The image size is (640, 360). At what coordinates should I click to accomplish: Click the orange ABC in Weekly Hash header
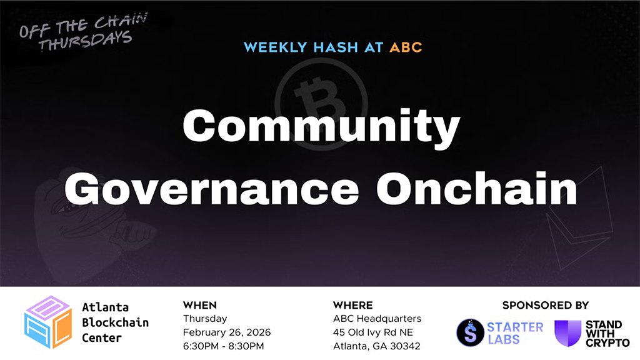tap(406, 47)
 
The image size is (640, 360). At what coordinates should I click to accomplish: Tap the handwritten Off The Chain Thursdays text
tap(82, 32)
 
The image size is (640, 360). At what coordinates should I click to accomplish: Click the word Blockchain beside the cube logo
tap(115, 322)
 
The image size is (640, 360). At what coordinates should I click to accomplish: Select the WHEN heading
tap(200, 306)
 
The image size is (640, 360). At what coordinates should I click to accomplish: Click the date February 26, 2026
tap(226, 332)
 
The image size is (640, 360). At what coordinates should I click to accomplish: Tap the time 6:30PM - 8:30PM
tap(223, 346)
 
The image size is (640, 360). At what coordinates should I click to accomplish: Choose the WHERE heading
tap(352, 306)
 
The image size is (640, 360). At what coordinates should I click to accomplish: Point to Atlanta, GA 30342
tap(376, 346)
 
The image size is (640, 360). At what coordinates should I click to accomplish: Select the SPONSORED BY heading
tap(545, 306)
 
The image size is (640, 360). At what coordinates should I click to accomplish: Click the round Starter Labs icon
tap(470, 332)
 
